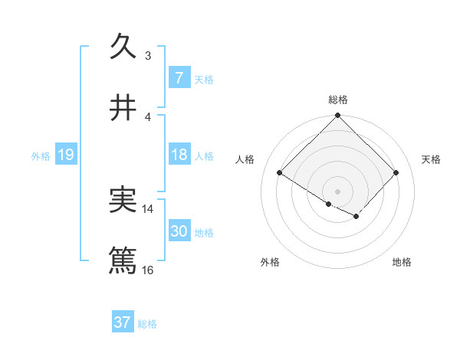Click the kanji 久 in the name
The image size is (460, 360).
point(123,47)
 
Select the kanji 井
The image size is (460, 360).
point(123,108)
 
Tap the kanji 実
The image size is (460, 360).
point(123,200)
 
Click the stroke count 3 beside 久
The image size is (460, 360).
point(148,56)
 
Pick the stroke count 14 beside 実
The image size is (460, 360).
point(148,208)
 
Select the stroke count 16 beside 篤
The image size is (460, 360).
point(148,270)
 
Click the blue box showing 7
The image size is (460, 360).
point(179,78)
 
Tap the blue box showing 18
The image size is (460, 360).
point(179,155)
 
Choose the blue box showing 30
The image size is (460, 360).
point(179,231)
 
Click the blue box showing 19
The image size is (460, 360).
point(65,155)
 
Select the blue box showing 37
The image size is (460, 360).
point(123,322)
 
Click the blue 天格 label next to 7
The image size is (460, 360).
point(204,79)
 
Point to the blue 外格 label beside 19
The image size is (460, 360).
point(41,155)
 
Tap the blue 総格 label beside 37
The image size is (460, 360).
point(147,323)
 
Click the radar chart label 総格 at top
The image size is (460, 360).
point(337,100)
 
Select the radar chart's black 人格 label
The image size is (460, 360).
point(245,159)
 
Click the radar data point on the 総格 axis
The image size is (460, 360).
point(337,116)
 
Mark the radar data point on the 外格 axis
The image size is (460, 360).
point(329,204)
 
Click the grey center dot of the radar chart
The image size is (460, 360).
point(337,191)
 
